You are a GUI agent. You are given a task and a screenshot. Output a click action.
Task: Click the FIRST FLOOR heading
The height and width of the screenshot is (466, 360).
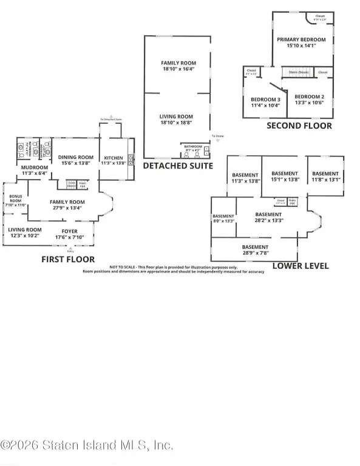pyautogui.click(x=67, y=259)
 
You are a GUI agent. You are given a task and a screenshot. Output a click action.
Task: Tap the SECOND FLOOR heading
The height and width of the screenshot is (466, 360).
pyautogui.click(x=299, y=126)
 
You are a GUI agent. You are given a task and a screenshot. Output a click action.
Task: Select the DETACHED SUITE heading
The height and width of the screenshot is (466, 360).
pyautogui.click(x=177, y=165)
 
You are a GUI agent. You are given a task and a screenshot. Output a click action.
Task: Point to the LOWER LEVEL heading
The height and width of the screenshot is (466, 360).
pyautogui.click(x=301, y=266)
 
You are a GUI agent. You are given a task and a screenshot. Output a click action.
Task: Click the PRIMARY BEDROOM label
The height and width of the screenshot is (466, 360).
pyautogui.click(x=301, y=40)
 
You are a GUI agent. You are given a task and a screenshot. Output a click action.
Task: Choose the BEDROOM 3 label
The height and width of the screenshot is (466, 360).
pyautogui.click(x=265, y=100)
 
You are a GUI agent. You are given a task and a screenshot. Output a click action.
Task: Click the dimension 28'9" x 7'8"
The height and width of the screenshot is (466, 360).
pyautogui.click(x=255, y=254)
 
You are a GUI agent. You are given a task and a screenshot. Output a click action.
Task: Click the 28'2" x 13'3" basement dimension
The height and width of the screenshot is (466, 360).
pyautogui.click(x=268, y=221)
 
